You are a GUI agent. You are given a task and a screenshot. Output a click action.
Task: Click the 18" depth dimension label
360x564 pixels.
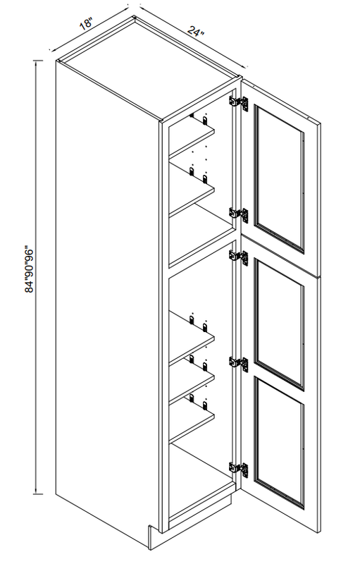[87, 25]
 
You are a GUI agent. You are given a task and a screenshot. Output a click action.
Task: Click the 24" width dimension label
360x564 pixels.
[195, 31]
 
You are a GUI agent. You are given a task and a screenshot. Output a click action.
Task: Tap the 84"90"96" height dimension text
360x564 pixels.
[29, 269]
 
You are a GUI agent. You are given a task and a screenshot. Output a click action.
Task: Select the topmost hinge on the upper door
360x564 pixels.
[239, 103]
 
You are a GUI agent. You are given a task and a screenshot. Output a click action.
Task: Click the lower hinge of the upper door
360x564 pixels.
[239, 214]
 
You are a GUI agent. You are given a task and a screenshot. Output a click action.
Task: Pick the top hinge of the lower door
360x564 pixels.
[239, 257]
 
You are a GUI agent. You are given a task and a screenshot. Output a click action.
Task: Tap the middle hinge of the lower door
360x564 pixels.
[239, 364]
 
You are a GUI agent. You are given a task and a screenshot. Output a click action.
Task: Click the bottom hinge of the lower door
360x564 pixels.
[239, 470]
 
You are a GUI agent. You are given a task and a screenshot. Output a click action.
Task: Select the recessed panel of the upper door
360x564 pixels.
[279, 178]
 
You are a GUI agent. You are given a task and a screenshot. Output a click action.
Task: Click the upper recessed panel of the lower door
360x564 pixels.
[279, 324]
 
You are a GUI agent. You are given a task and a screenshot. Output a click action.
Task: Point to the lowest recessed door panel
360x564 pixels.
[279, 443]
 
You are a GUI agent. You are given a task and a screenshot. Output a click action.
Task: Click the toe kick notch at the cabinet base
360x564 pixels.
[154, 537]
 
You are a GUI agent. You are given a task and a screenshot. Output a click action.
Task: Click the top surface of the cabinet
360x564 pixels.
[149, 68]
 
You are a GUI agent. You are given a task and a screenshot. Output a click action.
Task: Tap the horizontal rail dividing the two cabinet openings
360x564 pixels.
[201, 254]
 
